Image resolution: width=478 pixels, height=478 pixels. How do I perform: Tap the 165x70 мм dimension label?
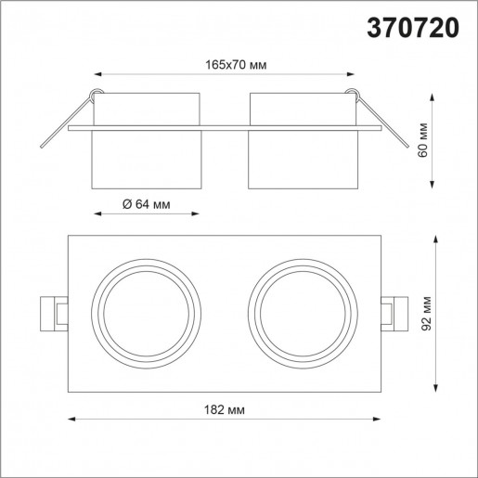click(224, 66)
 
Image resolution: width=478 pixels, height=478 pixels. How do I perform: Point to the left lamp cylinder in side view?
click(147, 139)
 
